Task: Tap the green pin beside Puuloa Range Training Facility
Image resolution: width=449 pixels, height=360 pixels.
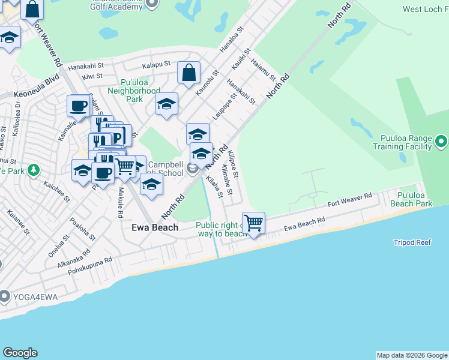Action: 442,142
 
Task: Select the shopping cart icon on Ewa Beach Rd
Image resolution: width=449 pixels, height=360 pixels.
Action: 253,223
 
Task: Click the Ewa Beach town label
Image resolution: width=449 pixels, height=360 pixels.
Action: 155,227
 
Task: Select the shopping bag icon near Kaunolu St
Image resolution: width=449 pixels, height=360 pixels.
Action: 188,73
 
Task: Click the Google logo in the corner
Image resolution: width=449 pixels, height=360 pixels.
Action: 20,353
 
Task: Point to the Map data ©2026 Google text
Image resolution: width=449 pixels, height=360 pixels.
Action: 411,355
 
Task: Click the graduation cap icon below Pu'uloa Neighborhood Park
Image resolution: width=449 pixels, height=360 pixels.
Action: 166,104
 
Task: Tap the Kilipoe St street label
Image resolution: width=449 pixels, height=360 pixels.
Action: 234,166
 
